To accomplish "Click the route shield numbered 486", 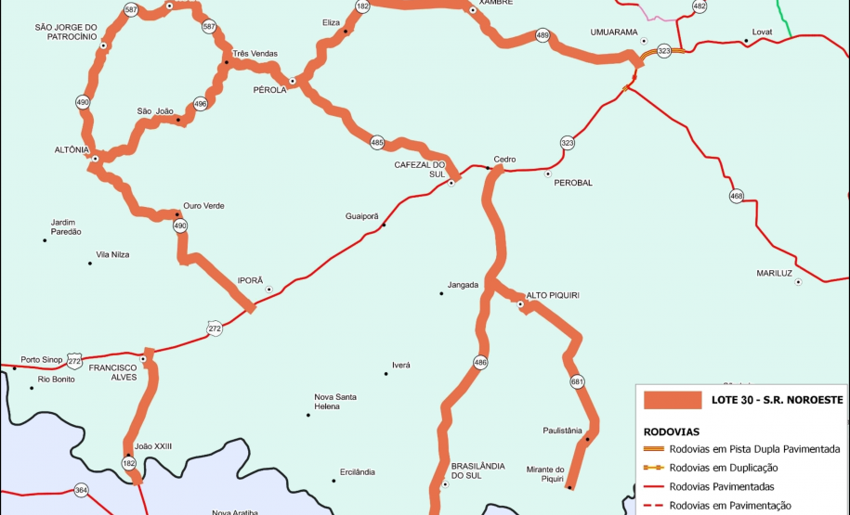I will point(480,362).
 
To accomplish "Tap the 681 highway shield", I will point(578,382).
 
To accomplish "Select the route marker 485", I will point(376,143).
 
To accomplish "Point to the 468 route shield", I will point(737,196).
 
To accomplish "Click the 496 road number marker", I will point(200,104).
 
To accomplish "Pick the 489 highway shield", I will point(543,36).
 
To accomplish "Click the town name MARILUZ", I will point(774,273).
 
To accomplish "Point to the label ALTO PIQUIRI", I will point(553,295).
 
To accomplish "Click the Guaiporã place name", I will point(362,215).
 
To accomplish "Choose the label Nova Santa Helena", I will point(334,402).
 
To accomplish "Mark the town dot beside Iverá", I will point(386,374).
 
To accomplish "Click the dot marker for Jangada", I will point(441,294).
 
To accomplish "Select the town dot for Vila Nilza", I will point(90,264).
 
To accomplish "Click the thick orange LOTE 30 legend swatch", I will point(673,400).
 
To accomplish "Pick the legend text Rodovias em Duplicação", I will point(724,468).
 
